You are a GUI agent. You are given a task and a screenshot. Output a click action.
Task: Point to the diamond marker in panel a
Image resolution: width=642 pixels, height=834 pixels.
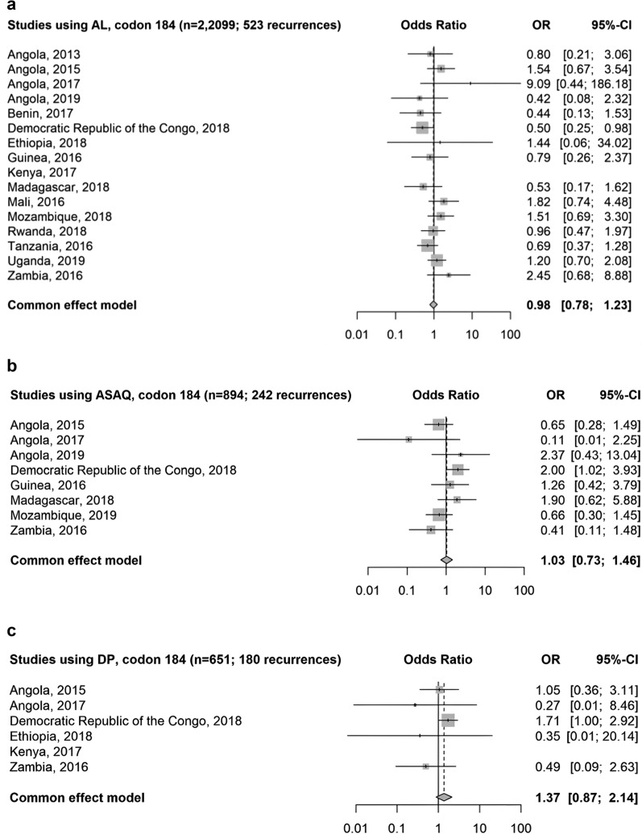click(x=433, y=305)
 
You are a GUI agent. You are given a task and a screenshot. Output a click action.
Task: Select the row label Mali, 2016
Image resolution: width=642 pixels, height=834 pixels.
click(x=32, y=202)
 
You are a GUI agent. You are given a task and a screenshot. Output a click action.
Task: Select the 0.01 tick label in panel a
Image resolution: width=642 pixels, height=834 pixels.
click(x=356, y=332)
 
